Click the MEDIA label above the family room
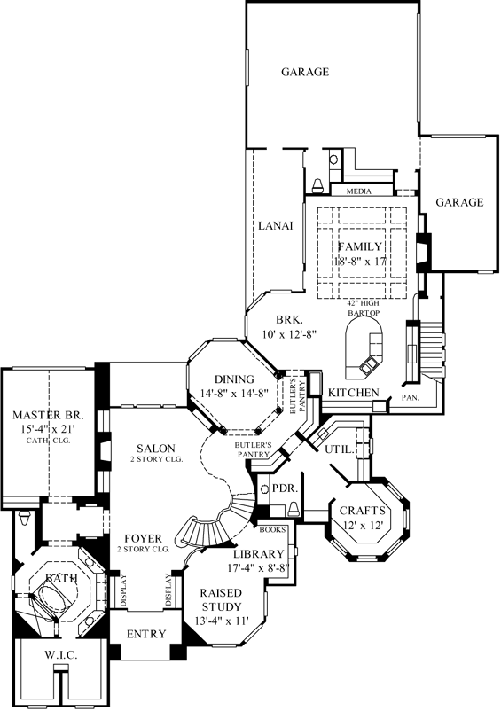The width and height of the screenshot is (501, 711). click(x=359, y=191)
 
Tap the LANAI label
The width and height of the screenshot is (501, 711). click(x=276, y=226)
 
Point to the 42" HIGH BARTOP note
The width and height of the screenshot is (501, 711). click(x=364, y=307)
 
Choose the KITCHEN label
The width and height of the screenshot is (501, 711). click(x=355, y=393)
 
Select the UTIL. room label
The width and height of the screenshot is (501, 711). click(x=342, y=450)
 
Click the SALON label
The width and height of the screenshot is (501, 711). click(x=155, y=449)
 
